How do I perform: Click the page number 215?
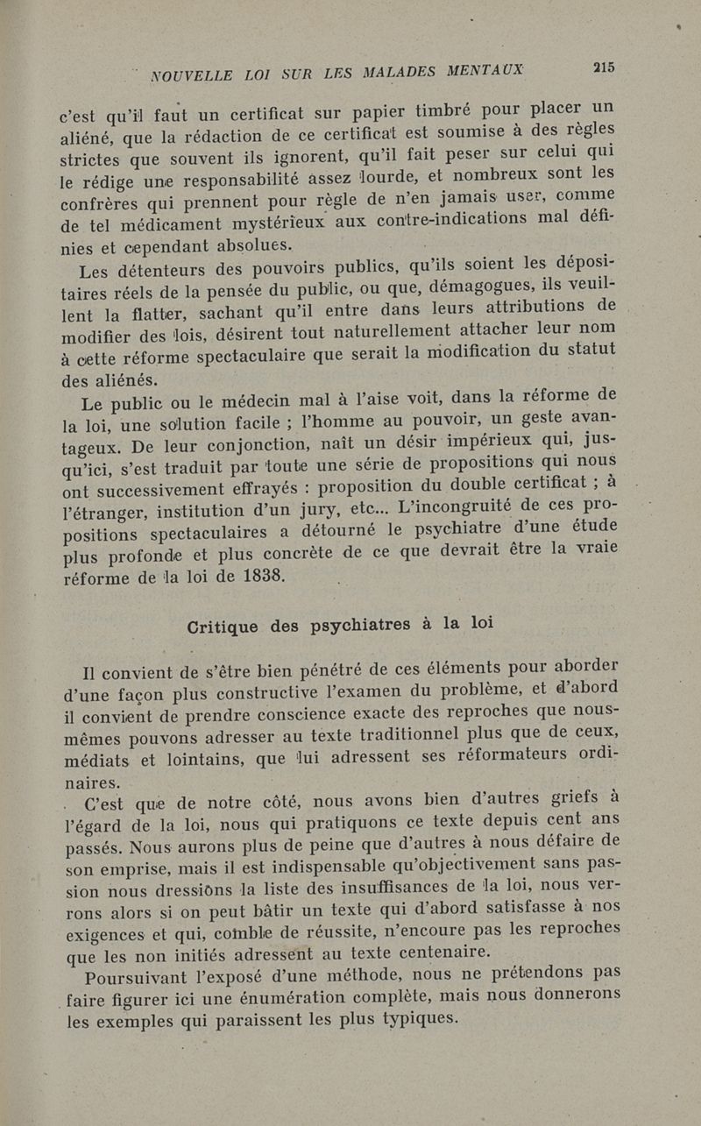[x=605, y=66]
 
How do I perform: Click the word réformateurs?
[x=503, y=755]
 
